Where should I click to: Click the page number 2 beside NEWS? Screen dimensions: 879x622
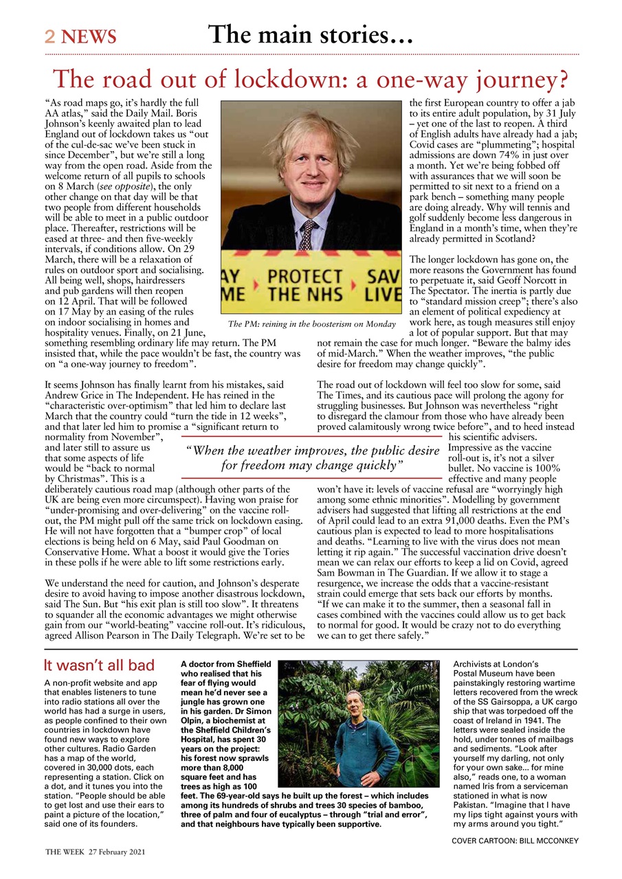coord(49,36)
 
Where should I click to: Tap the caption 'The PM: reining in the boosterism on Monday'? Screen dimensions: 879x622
coord(312,324)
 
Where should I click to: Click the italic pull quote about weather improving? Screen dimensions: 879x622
coord(313,458)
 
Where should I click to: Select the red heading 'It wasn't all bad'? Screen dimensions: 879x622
coord(98,665)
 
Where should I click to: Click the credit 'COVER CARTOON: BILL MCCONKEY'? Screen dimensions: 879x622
coord(515,841)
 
